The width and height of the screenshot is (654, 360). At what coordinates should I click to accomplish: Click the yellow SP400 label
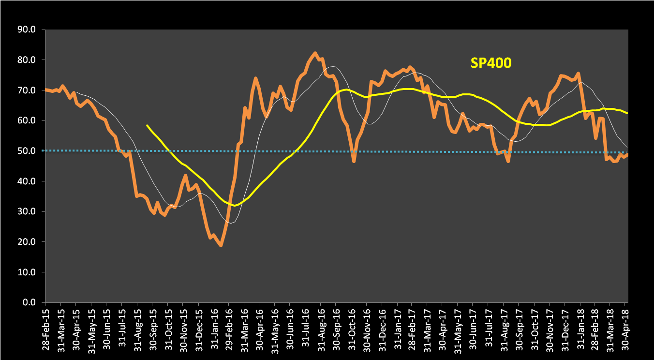tap(490, 62)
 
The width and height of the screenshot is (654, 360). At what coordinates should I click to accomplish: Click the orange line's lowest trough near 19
tap(221, 246)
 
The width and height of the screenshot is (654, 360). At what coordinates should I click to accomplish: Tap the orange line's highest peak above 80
tap(315, 53)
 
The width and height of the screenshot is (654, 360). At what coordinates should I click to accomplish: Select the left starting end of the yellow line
tap(147, 125)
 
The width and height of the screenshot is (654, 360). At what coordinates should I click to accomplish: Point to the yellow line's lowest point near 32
tap(235, 206)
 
